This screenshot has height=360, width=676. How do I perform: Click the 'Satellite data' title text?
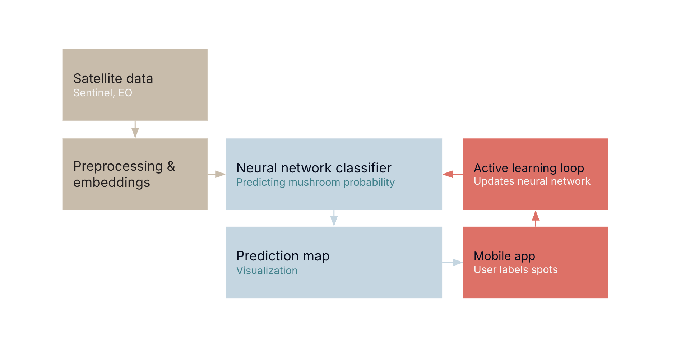tap(113, 78)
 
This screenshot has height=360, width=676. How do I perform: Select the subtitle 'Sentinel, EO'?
tap(102, 93)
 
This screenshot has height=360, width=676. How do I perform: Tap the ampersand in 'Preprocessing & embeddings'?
tap(171, 166)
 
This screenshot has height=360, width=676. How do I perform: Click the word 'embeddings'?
tap(111, 183)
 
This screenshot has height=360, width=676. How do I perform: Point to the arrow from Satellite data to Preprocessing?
tap(135, 130)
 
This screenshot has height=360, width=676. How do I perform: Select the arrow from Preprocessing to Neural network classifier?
tap(217, 174)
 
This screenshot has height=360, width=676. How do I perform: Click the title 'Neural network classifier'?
tap(313, 168)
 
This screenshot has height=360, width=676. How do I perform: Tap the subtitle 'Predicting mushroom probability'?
tap(315, 182)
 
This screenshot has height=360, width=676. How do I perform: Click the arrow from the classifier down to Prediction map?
tap(334, 218)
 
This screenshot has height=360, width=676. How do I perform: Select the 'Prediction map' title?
tap(282, 256)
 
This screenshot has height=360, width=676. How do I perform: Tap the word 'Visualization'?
tap(267, 271)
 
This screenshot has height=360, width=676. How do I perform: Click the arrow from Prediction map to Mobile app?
tap(453, 263)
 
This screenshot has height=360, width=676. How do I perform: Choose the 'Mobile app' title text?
tap(504, 256)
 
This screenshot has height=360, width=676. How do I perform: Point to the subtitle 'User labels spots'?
tap(515, 269)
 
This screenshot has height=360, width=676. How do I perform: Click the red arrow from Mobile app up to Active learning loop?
tap(535, 218)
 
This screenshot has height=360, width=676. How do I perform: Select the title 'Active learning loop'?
tap(528, 168)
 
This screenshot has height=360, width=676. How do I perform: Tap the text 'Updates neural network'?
tap(532, 181)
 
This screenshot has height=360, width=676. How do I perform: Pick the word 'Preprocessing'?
tap(118, 166)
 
